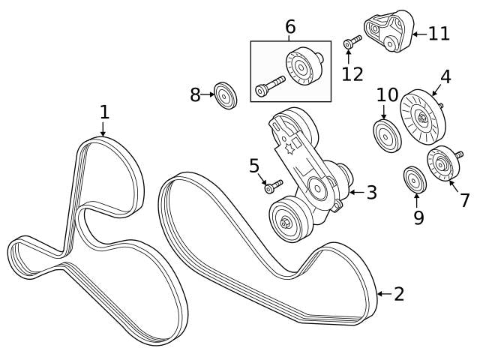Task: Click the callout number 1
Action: click(105, 112)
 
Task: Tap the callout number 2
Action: click(398, 293)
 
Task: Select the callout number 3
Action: click(370, 192)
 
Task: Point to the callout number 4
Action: click(445, 76)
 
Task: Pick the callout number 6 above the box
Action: click(290, 28)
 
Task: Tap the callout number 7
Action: click(464, 200)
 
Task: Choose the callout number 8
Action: click(195, 94)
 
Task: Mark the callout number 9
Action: click(418, 217)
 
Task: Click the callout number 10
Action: click(387, 94)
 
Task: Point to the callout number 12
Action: click(352, 73)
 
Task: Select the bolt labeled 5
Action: click(273, 185)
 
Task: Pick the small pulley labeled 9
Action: click(414, 179)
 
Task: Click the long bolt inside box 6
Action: click(270, 87)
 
